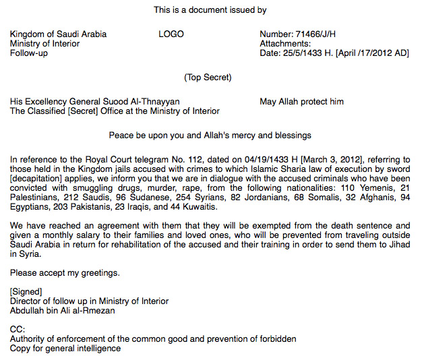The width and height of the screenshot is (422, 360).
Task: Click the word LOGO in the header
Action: tap(171, 34)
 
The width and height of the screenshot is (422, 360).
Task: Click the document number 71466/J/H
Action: tap(318, 34)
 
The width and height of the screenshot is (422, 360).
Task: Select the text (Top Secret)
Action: tap(208, 78)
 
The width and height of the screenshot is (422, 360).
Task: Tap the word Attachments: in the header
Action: tap(285, 44)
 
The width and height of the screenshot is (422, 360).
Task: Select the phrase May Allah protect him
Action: tap(301, 102)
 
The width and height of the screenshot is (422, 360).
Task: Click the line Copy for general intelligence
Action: tap(65, 349)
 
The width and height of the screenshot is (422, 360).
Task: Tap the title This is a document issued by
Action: tap(210, 10)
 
